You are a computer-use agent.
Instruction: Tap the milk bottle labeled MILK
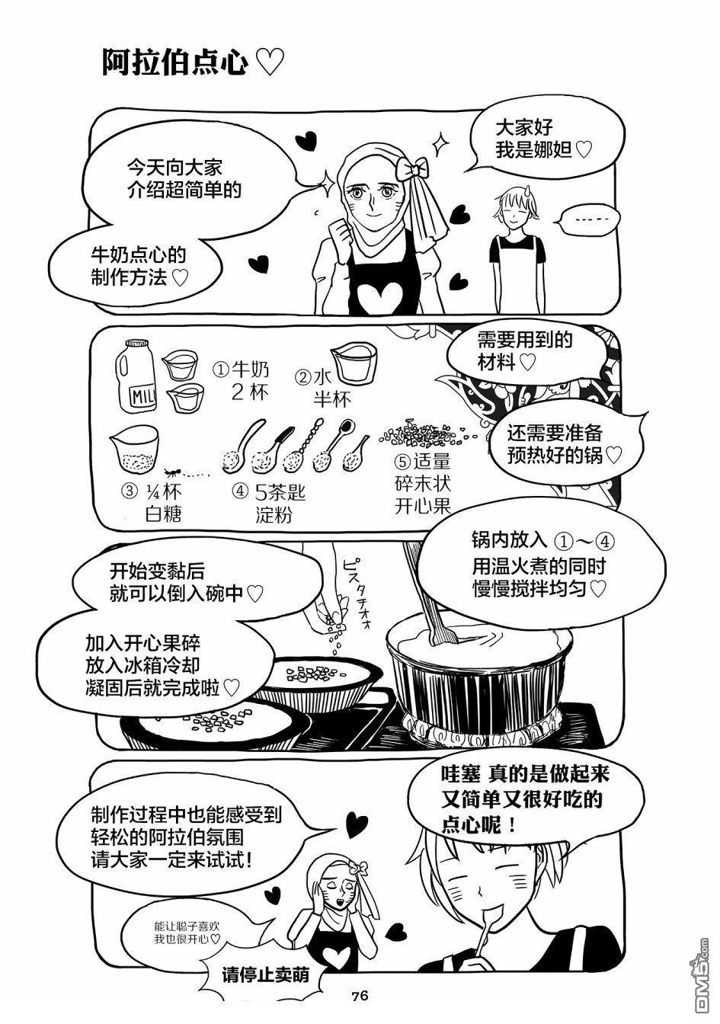pos(136,376)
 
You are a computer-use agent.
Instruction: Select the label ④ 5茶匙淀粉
pos(269,504)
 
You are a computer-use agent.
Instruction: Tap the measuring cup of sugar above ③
pos(134,449)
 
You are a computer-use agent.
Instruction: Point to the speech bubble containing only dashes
pos(590,221)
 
